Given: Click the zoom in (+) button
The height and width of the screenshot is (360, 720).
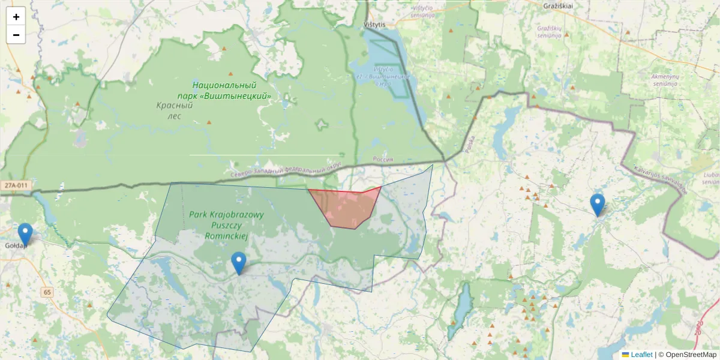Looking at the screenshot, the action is point(16,17).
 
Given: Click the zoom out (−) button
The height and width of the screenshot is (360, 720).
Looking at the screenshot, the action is point(16,35).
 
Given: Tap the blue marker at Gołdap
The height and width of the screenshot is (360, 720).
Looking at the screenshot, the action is point(25,233).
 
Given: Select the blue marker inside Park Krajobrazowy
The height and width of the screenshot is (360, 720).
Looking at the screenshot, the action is point(239,262).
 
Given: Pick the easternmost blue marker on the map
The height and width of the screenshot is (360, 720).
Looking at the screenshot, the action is point(597,203).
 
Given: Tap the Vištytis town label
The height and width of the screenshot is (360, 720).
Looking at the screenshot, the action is point(376,25).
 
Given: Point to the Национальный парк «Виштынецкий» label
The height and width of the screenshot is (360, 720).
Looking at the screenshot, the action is point(224,91).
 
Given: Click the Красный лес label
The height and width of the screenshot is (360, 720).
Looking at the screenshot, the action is point(174,110).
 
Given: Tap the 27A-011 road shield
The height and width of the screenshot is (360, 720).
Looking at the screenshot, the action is point(15,185).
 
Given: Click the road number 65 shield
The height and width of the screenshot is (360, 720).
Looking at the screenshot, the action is point(47,292).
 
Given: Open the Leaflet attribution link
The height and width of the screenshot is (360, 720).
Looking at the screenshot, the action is point(641,355).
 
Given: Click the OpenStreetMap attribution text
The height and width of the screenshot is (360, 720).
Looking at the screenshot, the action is point(691,355).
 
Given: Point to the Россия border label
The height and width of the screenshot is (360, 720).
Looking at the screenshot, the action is point(383,160).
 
